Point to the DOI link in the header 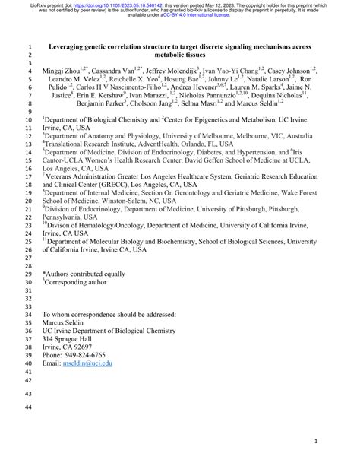[106, 5]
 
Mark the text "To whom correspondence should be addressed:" [119, 314]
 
